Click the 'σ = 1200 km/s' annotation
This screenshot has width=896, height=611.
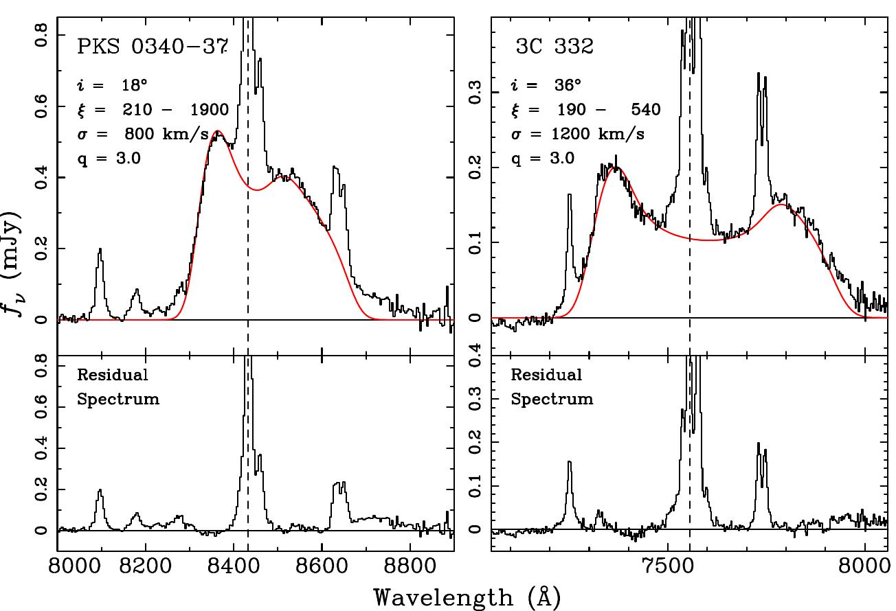pos(577,134)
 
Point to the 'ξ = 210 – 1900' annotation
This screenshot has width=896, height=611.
pos(152,110)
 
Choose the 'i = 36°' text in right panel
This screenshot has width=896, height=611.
pos(546,86)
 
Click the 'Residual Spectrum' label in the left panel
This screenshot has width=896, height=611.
pos(117,387)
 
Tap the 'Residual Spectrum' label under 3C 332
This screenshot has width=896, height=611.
pos(551,387)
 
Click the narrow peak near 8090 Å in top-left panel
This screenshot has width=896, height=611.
pos(100,251)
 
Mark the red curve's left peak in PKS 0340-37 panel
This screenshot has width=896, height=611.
pos(218,131)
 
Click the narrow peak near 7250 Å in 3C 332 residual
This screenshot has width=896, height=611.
pos(569,463)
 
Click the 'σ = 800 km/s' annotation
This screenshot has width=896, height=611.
pos(152,134)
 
